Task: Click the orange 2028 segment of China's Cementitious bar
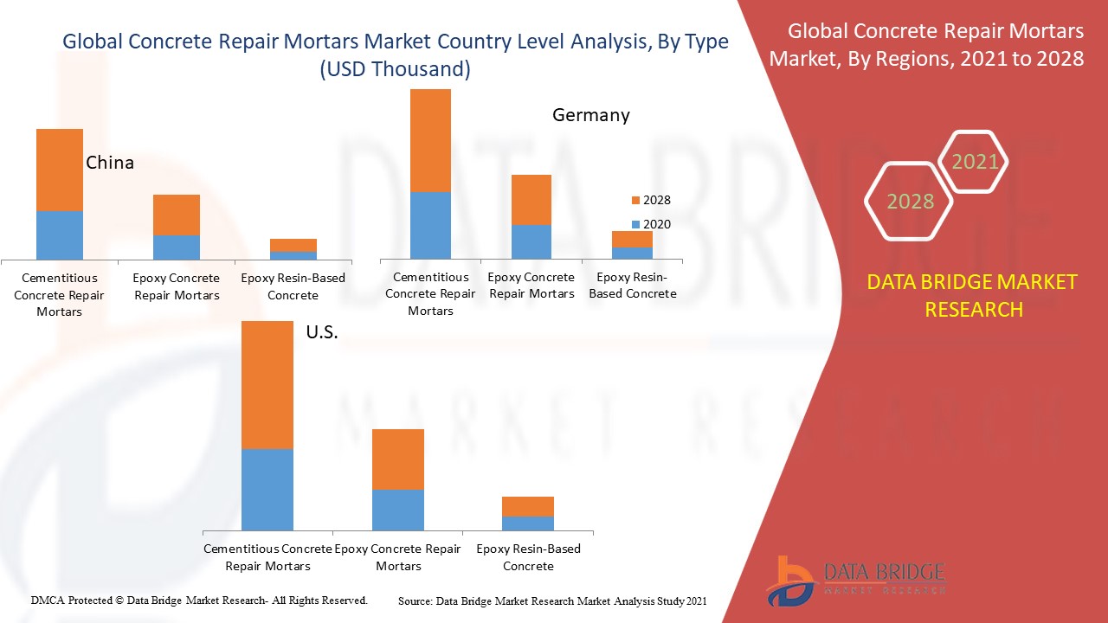coord(60,170)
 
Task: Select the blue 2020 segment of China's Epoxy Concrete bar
coord(177,247)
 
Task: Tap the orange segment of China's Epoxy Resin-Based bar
coord(293,245)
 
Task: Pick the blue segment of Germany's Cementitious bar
coord(430,225)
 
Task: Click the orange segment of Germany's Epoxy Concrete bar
coord(531,200)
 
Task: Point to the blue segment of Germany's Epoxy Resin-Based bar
coord(632,253)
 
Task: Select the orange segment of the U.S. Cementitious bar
coord(267,384)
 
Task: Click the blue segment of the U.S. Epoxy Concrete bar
coord(398,510)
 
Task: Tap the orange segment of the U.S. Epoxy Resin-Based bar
coord(528,506)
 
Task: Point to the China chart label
coord(110,163)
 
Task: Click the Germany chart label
coord(591,115)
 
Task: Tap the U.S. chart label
coord(322,332)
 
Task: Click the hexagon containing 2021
coord(975,161)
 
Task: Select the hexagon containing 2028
coord(910,202)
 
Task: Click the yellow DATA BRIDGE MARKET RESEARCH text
coord(973,295)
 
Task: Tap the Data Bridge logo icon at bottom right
coord(789,580)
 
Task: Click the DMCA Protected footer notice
coord(199,600)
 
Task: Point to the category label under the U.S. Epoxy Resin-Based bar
coord(528,557)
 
